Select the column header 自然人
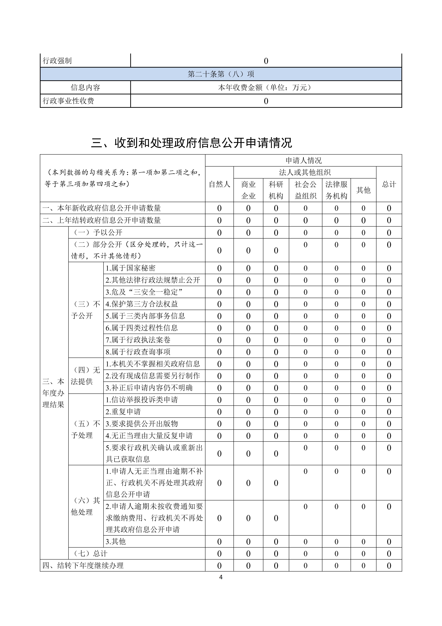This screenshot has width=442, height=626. (x=219, y=184)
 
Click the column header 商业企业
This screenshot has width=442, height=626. (x=248, y=190)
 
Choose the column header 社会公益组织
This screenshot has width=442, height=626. (x=305, y=190)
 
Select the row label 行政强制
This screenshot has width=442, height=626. (x=57, y=61)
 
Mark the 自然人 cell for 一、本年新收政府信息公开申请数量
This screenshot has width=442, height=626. (x=219, y=208)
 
